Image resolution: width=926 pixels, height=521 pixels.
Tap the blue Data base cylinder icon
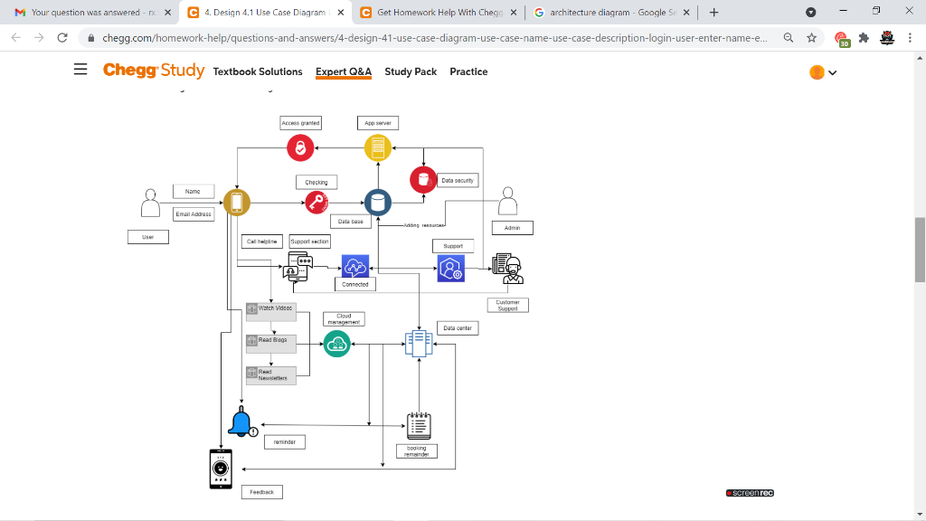377,203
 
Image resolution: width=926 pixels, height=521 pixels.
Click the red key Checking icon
317,203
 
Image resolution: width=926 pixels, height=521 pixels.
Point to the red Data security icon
422,179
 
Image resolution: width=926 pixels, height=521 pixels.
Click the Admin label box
512,228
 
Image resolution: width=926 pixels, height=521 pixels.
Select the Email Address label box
194,214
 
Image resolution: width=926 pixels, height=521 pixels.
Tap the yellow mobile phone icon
237,203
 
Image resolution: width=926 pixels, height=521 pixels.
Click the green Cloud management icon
336,344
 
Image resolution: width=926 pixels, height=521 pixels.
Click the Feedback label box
261,492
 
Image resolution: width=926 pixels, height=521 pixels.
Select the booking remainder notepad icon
418,423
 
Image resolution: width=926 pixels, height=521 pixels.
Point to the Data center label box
458,328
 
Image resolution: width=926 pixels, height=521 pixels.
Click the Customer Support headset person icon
508,269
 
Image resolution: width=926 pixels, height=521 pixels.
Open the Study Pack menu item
411,71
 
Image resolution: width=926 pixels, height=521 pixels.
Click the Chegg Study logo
154,71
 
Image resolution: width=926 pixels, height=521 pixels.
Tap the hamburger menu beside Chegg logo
81,71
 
